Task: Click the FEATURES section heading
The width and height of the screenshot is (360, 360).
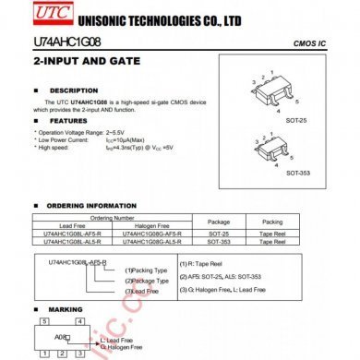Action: tap(69, 121)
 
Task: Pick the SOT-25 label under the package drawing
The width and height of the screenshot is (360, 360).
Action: tap(297, 118)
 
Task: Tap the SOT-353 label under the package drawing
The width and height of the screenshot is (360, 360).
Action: tap(297, 173)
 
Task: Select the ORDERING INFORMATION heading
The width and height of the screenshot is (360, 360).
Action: tap(91, 205)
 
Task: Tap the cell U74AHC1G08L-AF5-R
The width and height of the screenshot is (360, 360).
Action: tap(72, 234)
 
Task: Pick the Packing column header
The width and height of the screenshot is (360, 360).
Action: tap(272, 222)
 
